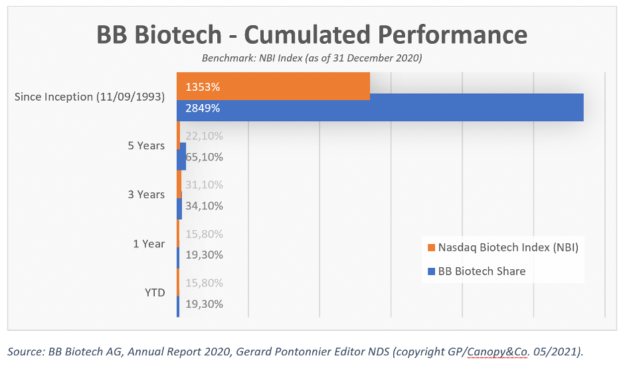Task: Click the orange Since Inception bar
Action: (x=274, y=86)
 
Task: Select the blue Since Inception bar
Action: (x=381, y=107)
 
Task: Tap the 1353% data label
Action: (x=203, y=87)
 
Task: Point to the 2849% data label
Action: (x=203, y=108)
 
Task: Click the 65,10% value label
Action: (x=204, y=157)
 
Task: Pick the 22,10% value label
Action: (x=204, y=136)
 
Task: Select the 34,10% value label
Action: (x=204, y=206)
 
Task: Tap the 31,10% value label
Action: (x=204, y=185)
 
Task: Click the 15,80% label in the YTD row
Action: (x=204, y=283)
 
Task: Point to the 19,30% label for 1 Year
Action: (x=204, y=255)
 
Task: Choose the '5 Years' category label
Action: (x=146, y=146)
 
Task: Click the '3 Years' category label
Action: (x=146, y=194)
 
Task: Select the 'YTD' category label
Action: (x=155, y=293)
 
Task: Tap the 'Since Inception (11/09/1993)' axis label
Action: (x=90, y=97)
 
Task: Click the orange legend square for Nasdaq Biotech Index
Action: (x=431, y=247)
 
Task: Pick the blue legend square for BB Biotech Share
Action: (x=431, y=271)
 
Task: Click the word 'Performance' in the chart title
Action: (x=453, y=35)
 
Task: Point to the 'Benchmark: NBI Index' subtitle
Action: (x=252, y=58)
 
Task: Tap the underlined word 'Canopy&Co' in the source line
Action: (x=497, y=351)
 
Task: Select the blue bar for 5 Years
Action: (x=181, y=156)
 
